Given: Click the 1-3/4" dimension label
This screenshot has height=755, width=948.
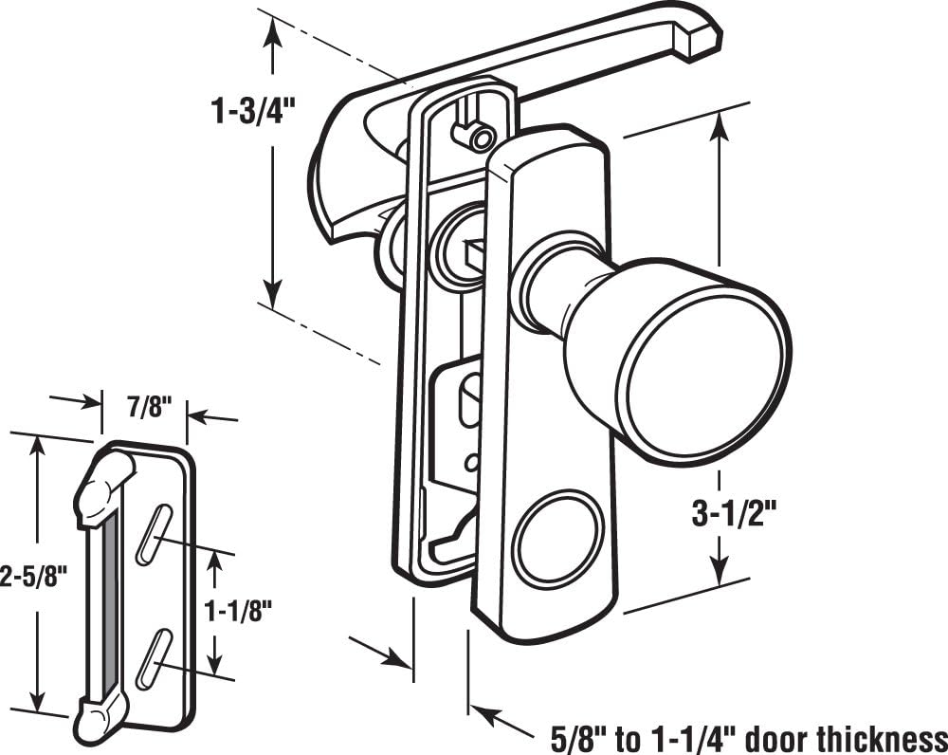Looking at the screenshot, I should [x=254, y=111].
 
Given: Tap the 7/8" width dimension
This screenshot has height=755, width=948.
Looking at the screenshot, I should [x=146, y=409].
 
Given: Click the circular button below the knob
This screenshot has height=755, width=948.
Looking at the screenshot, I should [x=557, y=537].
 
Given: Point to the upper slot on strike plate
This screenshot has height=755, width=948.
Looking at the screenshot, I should [x=154, y=535].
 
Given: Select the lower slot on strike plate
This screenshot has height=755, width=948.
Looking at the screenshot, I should [x=154, y=657].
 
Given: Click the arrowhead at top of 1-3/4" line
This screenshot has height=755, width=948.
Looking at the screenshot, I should [x=273, y=30].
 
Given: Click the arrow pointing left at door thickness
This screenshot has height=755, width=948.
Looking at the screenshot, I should [x=485, y=713].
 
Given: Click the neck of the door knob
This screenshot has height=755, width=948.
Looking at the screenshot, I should [x=550, y=283].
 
